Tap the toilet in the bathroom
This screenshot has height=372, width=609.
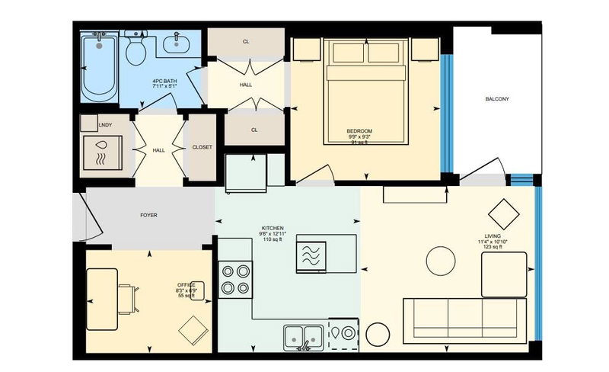pos(136,51)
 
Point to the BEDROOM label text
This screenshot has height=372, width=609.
pos(359,131)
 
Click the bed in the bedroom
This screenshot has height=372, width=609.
pos(365,91)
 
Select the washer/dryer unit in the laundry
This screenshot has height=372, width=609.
pos(102,152)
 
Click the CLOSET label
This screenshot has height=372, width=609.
pos(202,147)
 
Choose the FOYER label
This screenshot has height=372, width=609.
pos(148,216)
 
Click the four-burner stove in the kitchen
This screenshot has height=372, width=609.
pos(235,279)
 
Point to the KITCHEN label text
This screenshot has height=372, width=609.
pos(273,229)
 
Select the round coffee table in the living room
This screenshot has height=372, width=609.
pos(443,261)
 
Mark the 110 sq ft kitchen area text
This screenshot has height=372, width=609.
pos(273,239)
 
